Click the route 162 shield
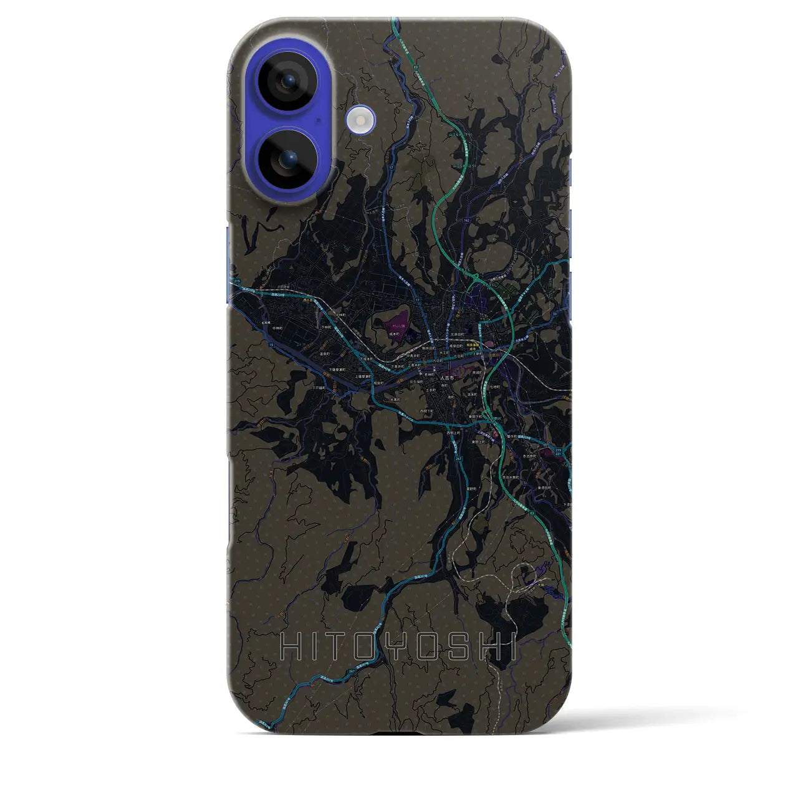466,221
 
